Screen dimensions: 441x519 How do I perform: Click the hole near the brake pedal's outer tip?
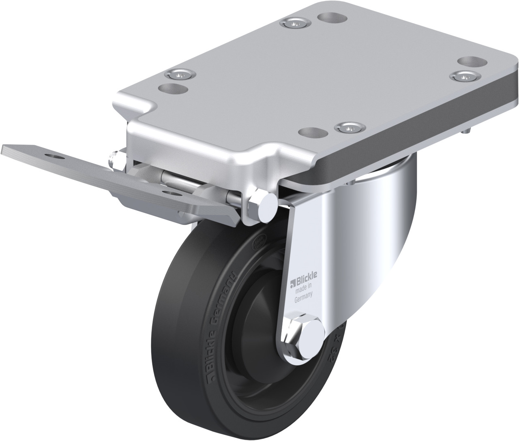click(x=53, y=156)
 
